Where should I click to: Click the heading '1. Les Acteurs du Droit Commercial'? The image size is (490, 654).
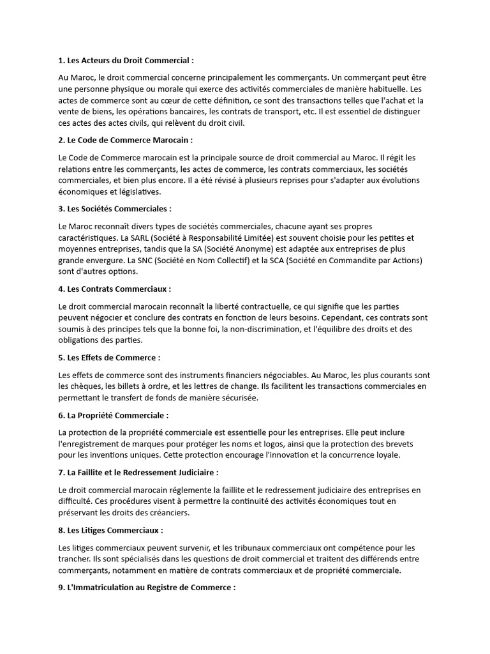click(125, 61)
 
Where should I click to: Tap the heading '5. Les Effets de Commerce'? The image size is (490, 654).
click(109, 358)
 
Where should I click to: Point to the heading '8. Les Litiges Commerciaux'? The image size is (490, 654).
click(110, 530)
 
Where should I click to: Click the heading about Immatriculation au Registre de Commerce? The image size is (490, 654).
click(147, 587)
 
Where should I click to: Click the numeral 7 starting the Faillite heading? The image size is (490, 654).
click(61, 473)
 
